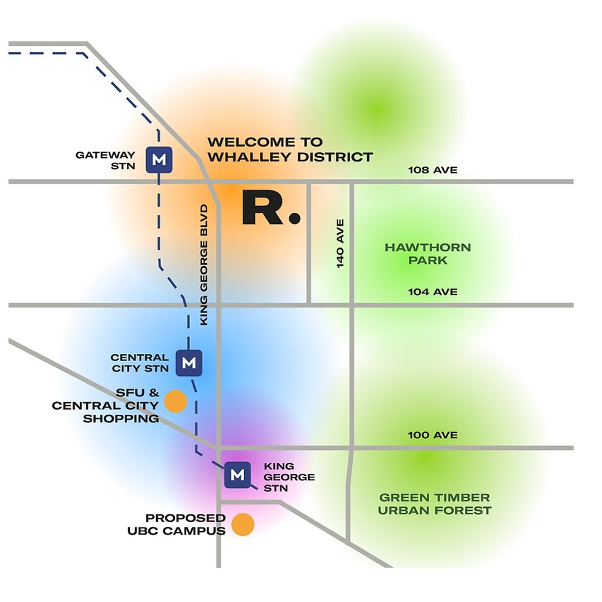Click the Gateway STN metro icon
[x=159, y=159]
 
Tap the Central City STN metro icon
[x=188, y=363]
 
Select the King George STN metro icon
[x=237, y=475]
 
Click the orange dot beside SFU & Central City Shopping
[x=176, y=401]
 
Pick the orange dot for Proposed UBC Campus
[x=243, y=525]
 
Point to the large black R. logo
[x=271, y=208]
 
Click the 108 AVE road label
[x=433, y=170]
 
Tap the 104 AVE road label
[x=433, y=292]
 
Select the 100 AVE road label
[x=433, y=435]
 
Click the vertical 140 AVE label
[x=341, y=244]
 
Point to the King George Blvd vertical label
[x=204, y=265]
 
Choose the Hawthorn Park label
[x=428, y=254]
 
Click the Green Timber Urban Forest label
[x=434, y=504]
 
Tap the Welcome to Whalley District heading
[x=290, y=149]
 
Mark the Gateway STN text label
[x=106, y=159]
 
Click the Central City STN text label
[x=139, y=363]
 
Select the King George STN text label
[x=289, y=477]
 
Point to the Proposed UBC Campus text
[x=177, y=525]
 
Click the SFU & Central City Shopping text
[x=106, y=405]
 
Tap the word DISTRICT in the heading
[x=335, y=157]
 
